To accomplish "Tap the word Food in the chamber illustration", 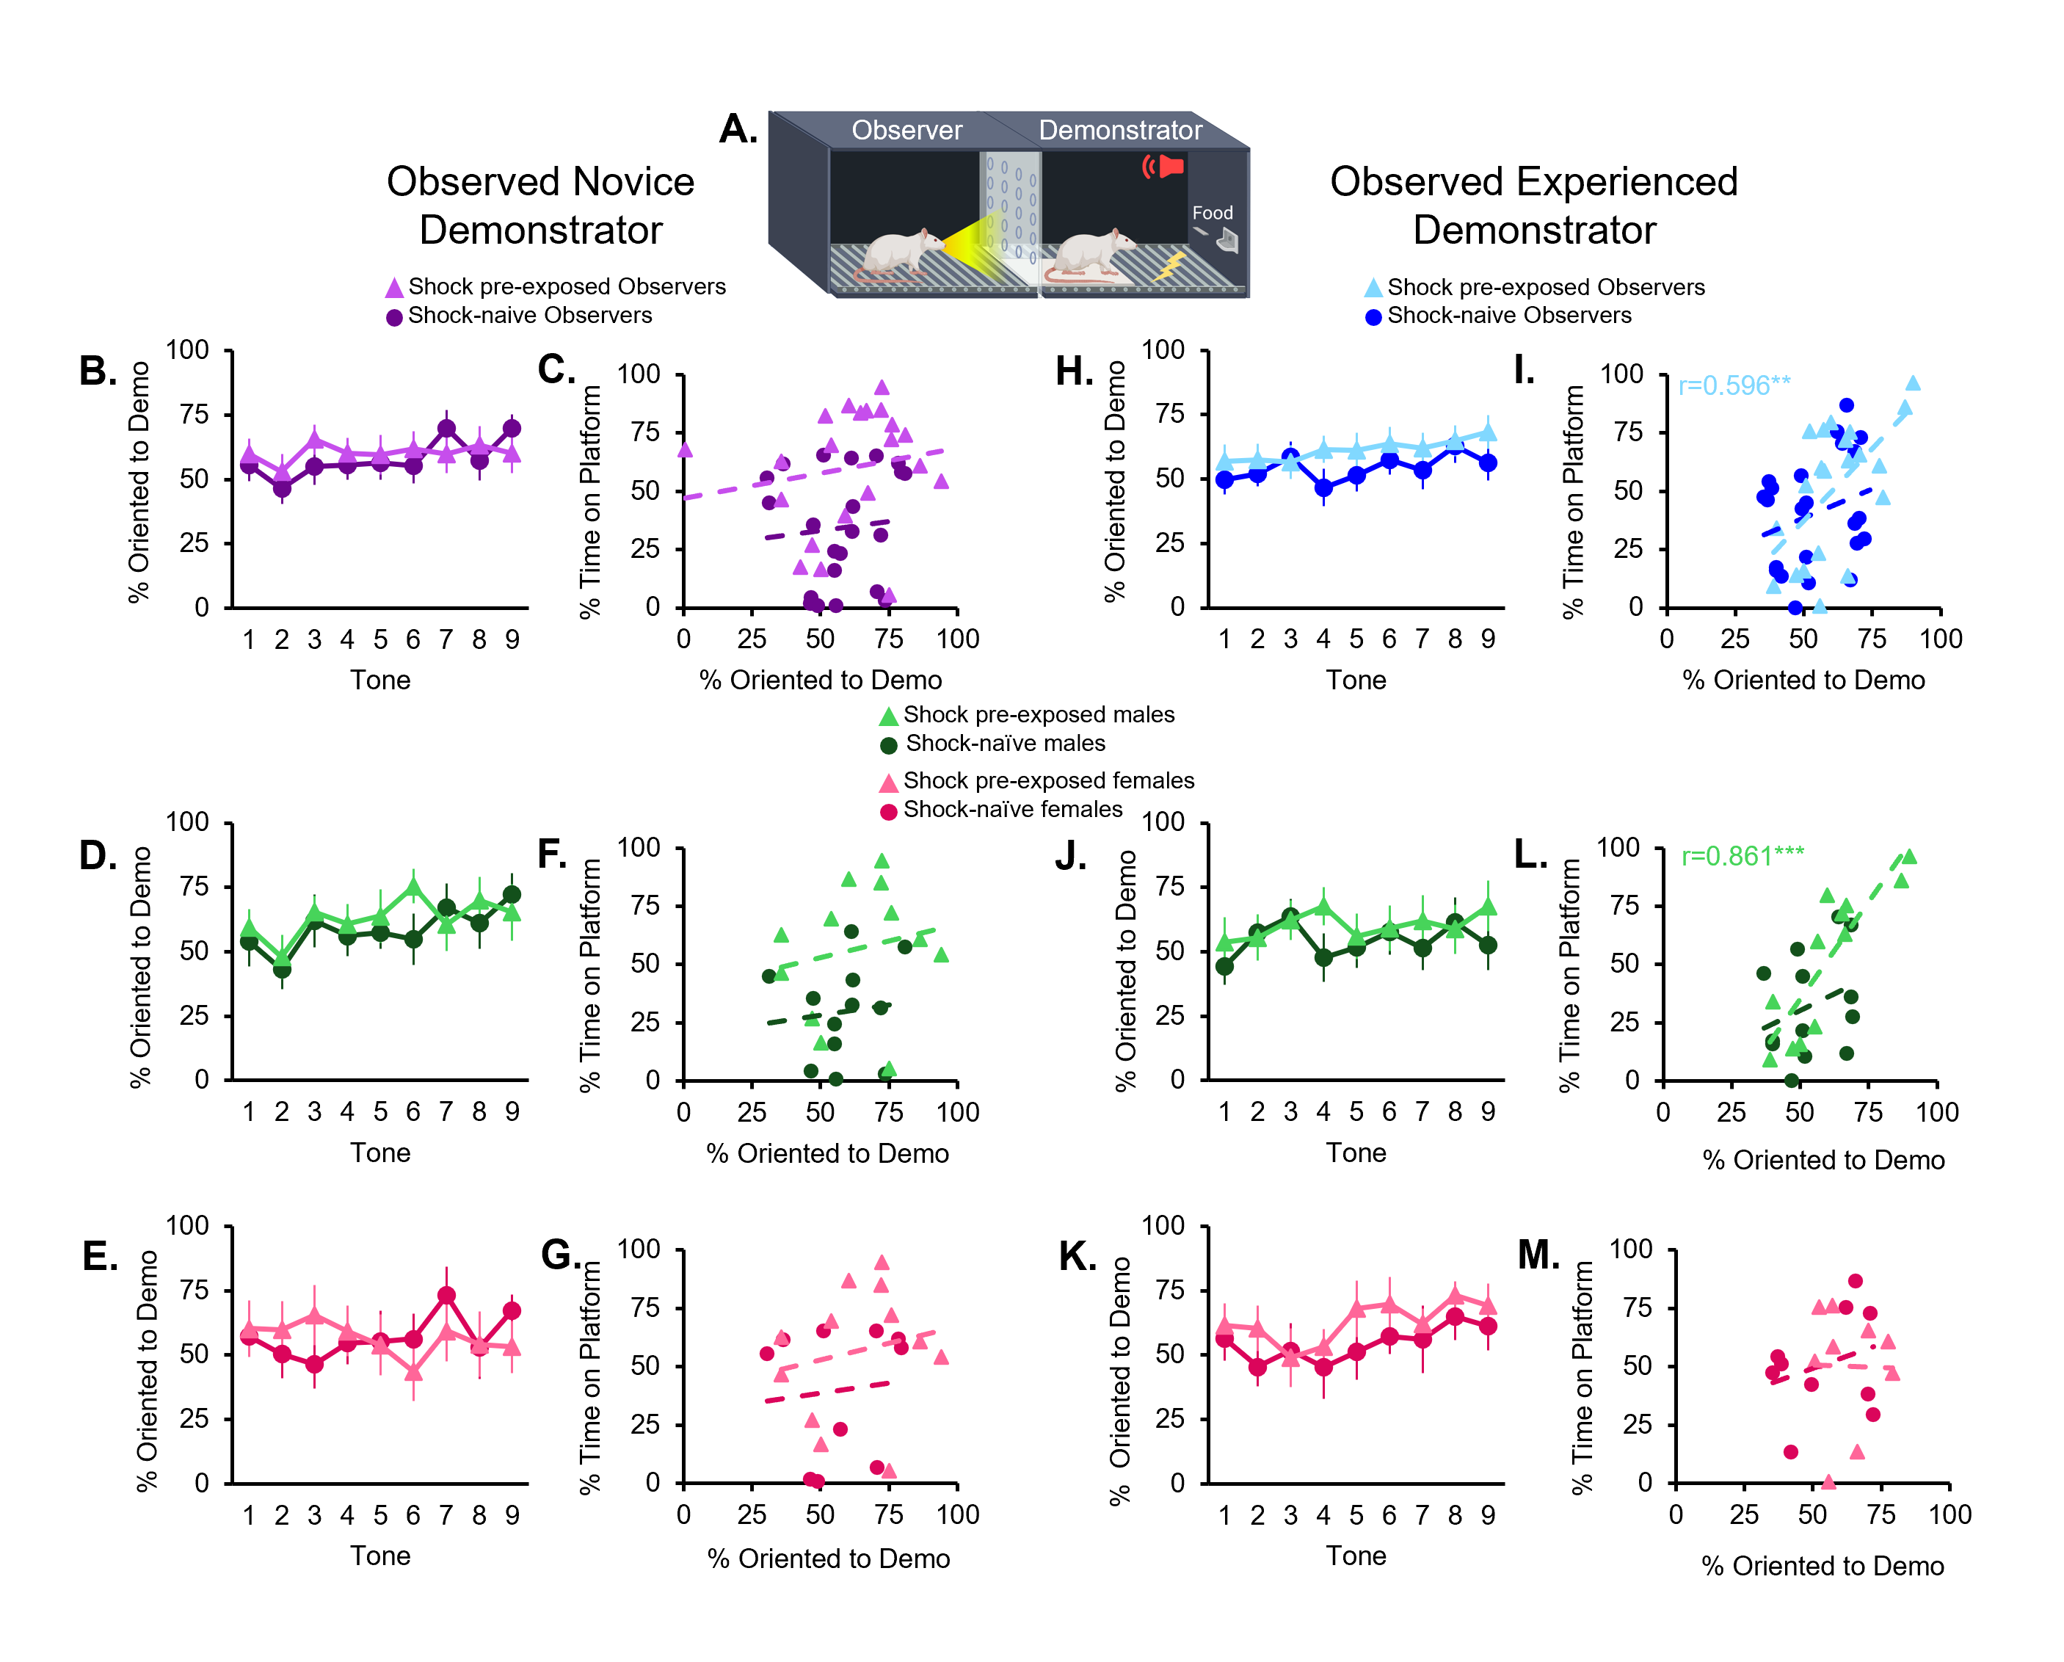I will (x=1212, y=213).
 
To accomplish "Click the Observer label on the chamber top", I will (x=906, y=130).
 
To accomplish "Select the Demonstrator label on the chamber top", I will (x=1120, y=130).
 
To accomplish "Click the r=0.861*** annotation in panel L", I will (x=1743, y=855).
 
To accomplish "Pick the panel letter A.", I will (x=738, y=129).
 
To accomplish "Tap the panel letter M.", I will (x=1538, y=1255).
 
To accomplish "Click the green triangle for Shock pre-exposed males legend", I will (x=888, y=716).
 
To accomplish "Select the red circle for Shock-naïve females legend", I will (x=888, y=812).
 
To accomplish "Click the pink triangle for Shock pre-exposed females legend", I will (x=888, y=783).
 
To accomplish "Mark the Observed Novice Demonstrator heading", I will (x=541, y=206).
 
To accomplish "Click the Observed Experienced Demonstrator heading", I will (x=1533, y=206).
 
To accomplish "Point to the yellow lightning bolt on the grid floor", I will (x=1170, y=265).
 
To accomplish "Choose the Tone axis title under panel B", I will (x=380, y=680).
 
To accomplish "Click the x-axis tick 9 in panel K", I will (x=1488, y=1514).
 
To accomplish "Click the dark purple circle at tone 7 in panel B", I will (x=446, y=429).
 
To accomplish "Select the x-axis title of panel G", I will (x=828, y=1558).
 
